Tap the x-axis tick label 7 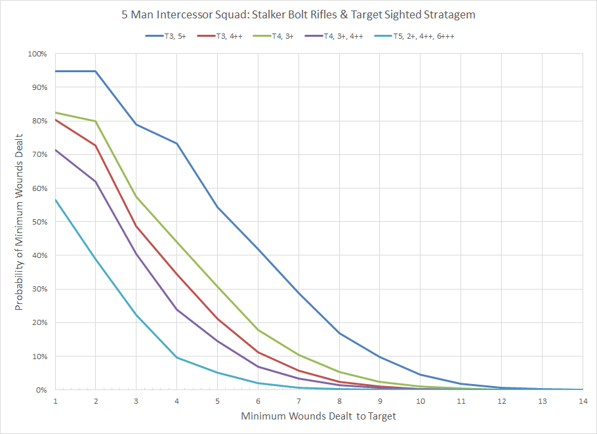coord(298,400)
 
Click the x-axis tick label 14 coord(582,400)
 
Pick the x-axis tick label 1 coord(55,400)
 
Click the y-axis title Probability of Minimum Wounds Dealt coord(20,221)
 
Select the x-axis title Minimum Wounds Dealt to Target coord(318,416)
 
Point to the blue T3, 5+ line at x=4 coord(177,143)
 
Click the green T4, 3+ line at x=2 coord(96,121)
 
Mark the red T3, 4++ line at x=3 coord(136,227)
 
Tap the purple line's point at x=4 coord(177,309)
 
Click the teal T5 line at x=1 coord(55,200)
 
